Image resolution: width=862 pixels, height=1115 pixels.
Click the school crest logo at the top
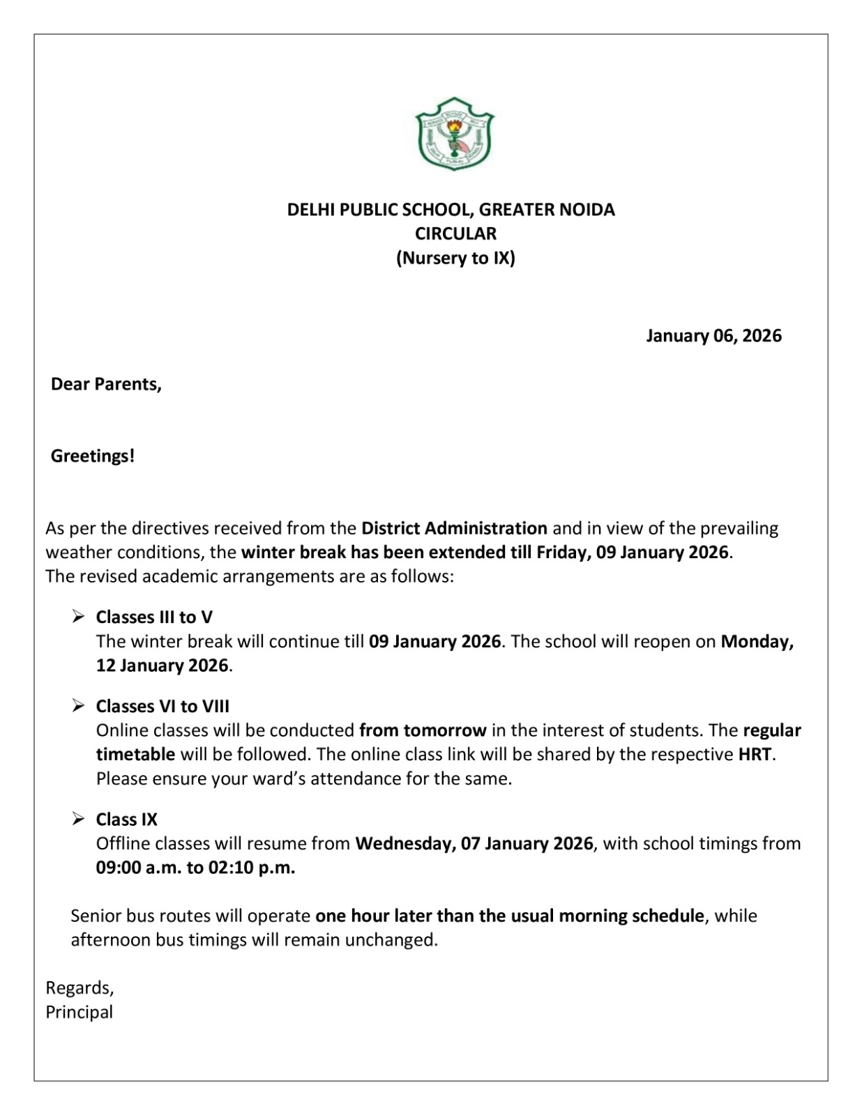[x=454, y=134]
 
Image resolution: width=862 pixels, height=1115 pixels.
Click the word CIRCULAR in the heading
[x=455, y=233]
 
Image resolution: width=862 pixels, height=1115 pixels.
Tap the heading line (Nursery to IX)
[x=455, y=258]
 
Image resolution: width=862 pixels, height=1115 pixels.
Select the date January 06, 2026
[x=713, y=336]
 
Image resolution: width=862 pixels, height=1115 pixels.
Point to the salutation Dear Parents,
[x=106, y=384]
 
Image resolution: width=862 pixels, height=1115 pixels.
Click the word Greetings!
[x=93, y=456]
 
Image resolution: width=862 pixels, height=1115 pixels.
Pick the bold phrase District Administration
[x=454, y=528]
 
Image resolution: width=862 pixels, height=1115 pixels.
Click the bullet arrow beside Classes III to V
[x=78, y=617]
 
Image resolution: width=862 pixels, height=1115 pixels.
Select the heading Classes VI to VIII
[x=162, y=706]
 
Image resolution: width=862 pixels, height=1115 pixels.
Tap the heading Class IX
[x=127, y=819]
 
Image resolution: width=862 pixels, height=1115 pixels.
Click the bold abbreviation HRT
[x=756, y=754]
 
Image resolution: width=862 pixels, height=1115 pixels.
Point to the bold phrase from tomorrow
[x=423, y=730]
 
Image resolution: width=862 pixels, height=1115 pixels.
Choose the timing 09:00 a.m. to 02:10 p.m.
[x=195, y=868]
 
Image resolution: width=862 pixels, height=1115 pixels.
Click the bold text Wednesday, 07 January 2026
[x=474, y=843]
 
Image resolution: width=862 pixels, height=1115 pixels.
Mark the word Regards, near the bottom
[x=80, y=987]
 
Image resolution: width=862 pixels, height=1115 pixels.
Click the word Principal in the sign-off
[x=80, y=1012]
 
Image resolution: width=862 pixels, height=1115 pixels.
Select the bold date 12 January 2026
[x=162, y=665]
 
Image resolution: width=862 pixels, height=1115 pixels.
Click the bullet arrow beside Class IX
[x=78, y=819]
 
